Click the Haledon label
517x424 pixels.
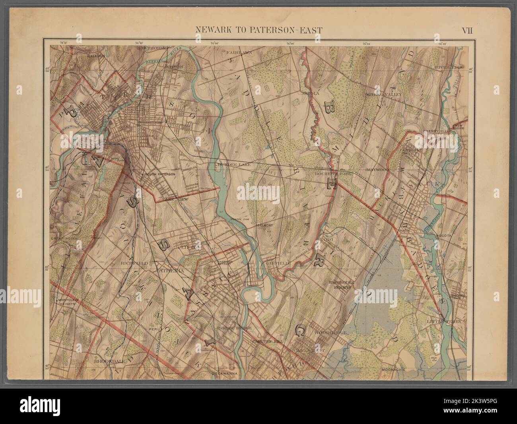click(97, 56)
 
